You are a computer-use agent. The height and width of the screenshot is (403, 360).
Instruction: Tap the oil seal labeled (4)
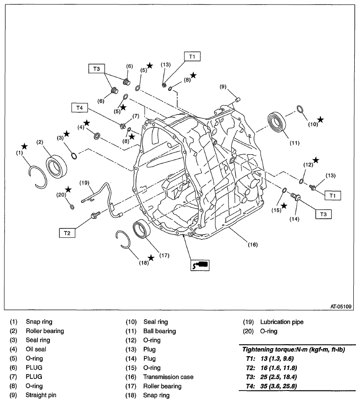click(97, 135)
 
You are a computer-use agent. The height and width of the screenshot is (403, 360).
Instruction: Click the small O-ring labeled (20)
click(72, 207)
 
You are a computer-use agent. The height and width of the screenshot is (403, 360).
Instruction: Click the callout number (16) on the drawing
click(253, 244)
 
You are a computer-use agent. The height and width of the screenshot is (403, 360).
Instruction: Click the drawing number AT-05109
click(341, 306)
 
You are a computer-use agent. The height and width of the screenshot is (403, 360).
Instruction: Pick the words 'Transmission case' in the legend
click(168, 377)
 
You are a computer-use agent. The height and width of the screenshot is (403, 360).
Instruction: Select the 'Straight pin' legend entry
click(41, 395)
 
